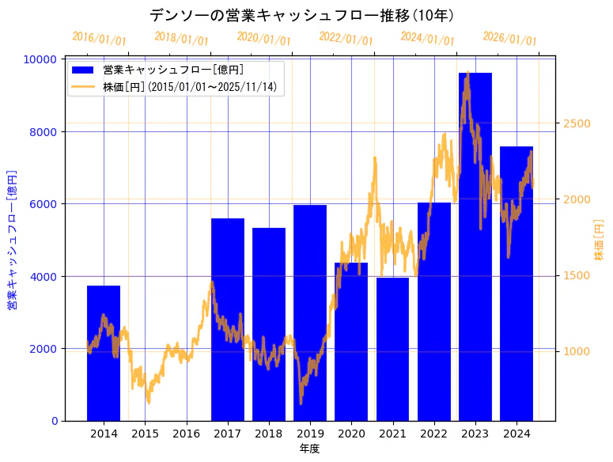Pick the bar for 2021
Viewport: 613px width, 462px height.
[x=392, y=349]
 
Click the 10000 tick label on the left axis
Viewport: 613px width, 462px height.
[x=38, y=59]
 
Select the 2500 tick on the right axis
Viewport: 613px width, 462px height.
[x=577, y=123]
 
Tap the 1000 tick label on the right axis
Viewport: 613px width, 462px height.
[x=577, y=351]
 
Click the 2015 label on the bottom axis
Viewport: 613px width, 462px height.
[x=145, y=434]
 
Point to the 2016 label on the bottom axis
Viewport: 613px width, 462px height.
[x=187, y=434]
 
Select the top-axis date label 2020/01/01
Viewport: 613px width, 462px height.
[x=264, y=39]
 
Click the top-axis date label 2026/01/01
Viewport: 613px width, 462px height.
[x=510, y=39]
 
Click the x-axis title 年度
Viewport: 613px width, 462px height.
[x=309, y=449]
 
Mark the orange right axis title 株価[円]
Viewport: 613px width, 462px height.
[x=599, y=240]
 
